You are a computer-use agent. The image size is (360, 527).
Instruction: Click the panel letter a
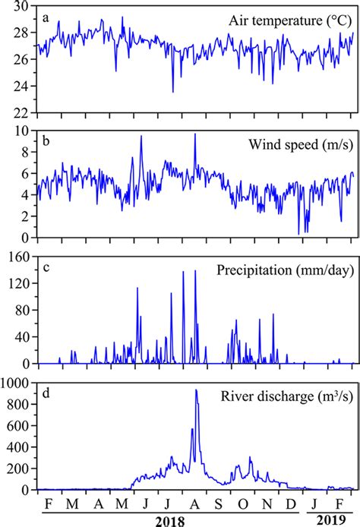click(x=46, y=15)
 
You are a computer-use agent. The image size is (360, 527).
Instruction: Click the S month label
click(x=219, y=505)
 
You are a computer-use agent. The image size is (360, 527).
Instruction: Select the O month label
click(x=243, y=505)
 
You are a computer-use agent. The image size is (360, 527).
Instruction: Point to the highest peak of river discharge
click(x=196, y=390)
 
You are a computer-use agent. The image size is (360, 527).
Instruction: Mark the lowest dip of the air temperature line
click(x=173, y=92)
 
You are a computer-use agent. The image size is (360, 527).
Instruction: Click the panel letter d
click(x=46, y=390)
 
